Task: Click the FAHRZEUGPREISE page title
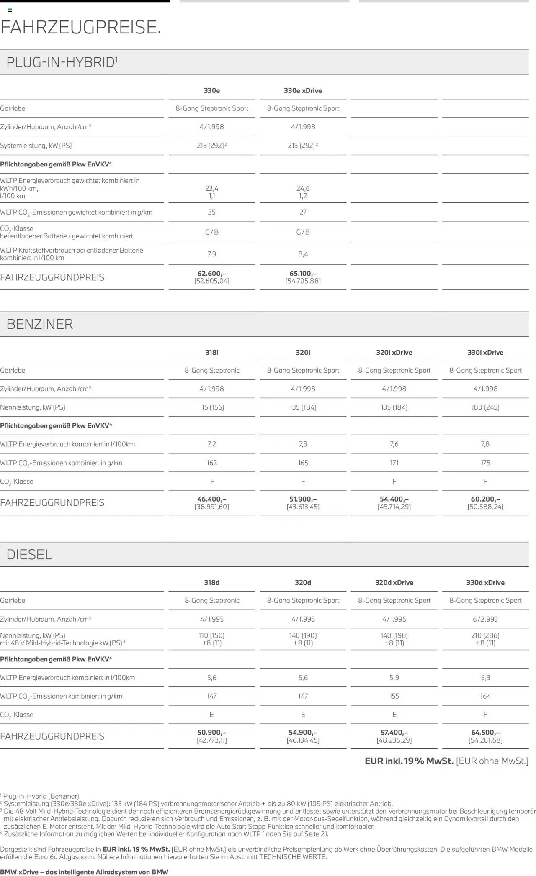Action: (x=80, y=28)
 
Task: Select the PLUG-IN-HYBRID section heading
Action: (x=61, y=62)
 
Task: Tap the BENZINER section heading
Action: (x=40, y=324)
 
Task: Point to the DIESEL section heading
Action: (x=29, y=554)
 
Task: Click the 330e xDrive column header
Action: (x=303, y=90)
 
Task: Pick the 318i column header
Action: (x=211, y=352)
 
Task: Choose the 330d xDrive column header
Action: (x=485, y=582)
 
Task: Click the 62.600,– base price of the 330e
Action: (x=211, y=274)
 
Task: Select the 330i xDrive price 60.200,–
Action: (x=485, y=499)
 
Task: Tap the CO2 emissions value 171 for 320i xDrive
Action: (x=394, y=463)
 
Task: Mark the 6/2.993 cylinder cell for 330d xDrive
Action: (x=485, y=619)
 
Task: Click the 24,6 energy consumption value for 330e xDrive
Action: (x=303, y=188)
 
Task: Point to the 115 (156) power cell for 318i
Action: (x=211, y=407)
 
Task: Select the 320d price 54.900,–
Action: (x=303, y=732)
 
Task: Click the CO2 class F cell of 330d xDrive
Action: (x=485, y=715)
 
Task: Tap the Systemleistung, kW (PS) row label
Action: (x=36, y=146)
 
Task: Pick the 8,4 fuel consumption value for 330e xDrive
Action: (x=303, y=254)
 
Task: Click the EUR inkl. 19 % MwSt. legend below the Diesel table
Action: (x=409, y=761)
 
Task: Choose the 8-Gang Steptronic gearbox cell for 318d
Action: (x=212, y=600)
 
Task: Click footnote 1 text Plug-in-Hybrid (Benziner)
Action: (x=42, y=796)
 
